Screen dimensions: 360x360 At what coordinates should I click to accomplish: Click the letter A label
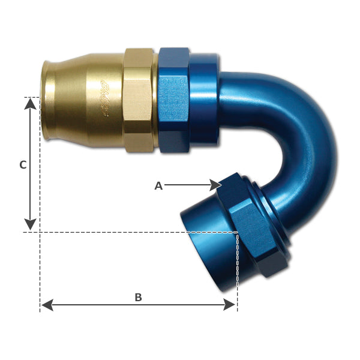point(158,186)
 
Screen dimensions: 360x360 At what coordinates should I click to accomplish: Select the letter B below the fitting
point(138,298)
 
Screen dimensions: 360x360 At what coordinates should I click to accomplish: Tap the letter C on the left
point(23,165)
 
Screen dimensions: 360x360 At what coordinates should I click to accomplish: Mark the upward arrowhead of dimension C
point(30,104)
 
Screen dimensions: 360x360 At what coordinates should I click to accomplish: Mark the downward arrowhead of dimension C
point(30,224)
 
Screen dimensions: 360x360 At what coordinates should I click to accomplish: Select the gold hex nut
point(138,99)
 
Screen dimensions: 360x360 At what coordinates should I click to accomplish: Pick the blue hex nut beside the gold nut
point(173,99)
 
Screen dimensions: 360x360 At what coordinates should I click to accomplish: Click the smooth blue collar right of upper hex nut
point(205,99)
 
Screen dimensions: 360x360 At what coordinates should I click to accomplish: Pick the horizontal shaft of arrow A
point(186,185)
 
